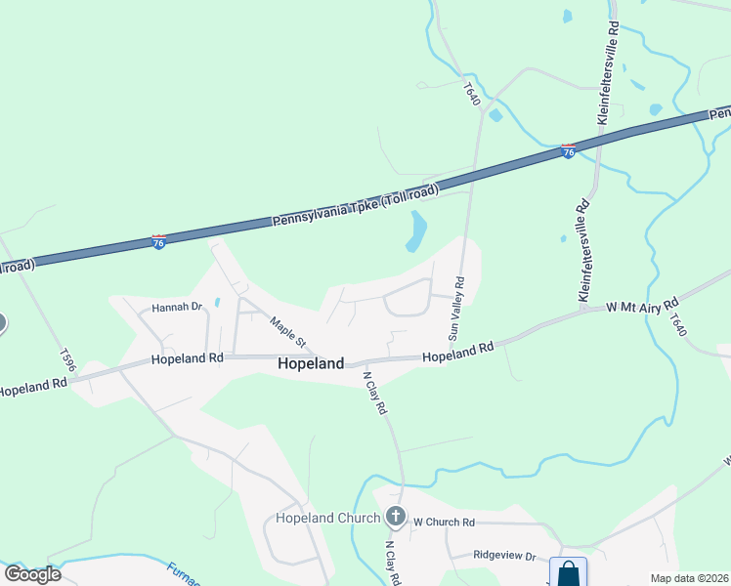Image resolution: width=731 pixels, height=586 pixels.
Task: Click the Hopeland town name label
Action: point(311,363)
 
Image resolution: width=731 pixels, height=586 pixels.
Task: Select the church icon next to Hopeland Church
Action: point(396,516)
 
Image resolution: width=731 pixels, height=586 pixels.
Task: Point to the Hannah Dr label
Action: point(176,307)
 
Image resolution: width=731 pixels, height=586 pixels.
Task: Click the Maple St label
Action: point(288,333)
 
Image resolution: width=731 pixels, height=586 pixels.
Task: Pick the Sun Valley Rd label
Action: point(456,308)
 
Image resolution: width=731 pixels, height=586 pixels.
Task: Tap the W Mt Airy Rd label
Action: point(642,307)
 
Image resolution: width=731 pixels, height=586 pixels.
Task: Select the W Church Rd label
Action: point(443,523)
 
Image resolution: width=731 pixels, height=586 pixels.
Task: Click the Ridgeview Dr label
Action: point(504,556)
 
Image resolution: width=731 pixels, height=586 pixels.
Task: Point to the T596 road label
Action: point(66,359)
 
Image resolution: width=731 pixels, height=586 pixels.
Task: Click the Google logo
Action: point(32,574)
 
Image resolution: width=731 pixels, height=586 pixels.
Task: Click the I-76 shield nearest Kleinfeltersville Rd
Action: point(568,152)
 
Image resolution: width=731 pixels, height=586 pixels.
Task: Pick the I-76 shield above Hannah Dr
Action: point(158,241)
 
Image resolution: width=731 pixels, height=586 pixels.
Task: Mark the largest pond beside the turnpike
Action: point(417,230)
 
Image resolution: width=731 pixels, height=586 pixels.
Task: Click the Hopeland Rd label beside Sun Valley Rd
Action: point(457,352)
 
